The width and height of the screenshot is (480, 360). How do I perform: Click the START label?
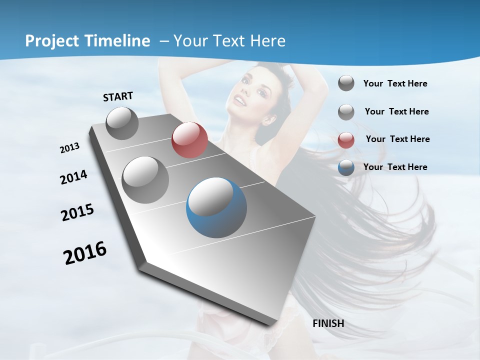pos(118,96)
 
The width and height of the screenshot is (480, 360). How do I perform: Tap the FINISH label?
pos(328,323)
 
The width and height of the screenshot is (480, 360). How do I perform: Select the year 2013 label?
pos(70,148)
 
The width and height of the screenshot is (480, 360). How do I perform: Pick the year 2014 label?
pos(74,177)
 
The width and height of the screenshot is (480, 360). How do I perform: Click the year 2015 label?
pos(77,212)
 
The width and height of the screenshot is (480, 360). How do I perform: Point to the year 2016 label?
pos(85,253)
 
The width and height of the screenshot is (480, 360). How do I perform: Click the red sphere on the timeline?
pos(189,140)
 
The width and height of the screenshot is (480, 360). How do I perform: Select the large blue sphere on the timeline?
pos(216,207)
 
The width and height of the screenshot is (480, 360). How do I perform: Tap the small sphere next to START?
pos(122,123)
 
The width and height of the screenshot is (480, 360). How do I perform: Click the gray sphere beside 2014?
pos(145,179)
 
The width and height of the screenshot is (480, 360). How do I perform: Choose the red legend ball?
pos(346,139)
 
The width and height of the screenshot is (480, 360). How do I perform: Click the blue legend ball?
pos(346,167)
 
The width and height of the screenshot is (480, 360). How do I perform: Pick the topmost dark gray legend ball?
pos(346,83)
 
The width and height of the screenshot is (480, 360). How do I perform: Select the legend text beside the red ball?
pos(397,139)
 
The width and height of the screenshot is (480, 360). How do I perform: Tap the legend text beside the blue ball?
pos(395,167)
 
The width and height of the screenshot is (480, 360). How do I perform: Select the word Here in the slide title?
pos(267,41)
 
